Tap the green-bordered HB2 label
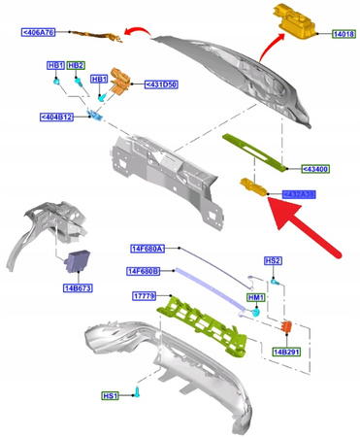tap(77, 65)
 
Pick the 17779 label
tap(144, 296)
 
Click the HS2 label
tap(274, 261)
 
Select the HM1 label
tap(257, 298)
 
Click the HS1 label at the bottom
tap(112, 396)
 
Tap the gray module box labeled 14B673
tap(78, 263)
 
